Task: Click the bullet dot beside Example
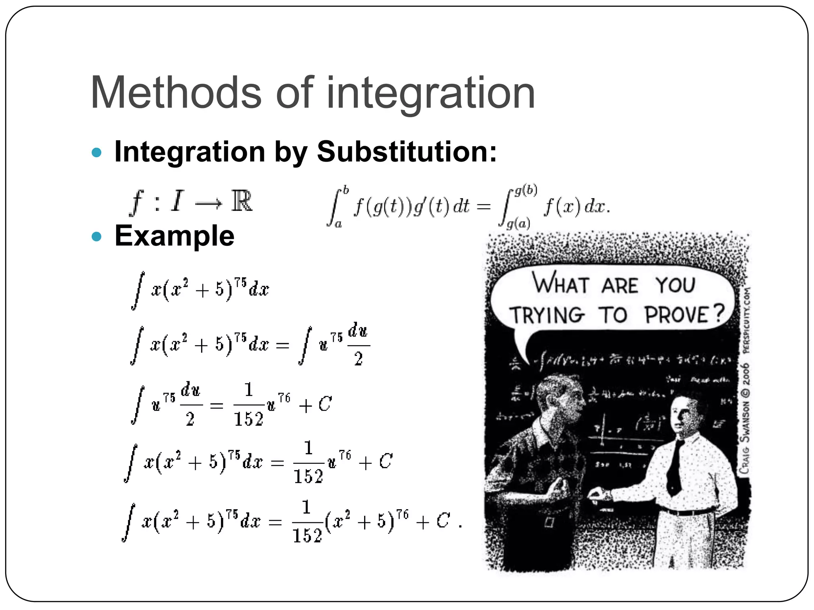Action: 97,237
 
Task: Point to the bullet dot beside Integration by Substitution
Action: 97,152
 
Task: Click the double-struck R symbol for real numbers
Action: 242,201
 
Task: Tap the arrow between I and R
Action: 208,204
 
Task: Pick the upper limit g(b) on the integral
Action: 525,191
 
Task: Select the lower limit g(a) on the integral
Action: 518,224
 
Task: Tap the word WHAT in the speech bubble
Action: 560,284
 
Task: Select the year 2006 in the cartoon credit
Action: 746,373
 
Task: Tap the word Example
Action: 174,236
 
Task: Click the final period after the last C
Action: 460,526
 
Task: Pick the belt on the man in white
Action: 688,512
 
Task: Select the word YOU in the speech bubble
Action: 675,285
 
